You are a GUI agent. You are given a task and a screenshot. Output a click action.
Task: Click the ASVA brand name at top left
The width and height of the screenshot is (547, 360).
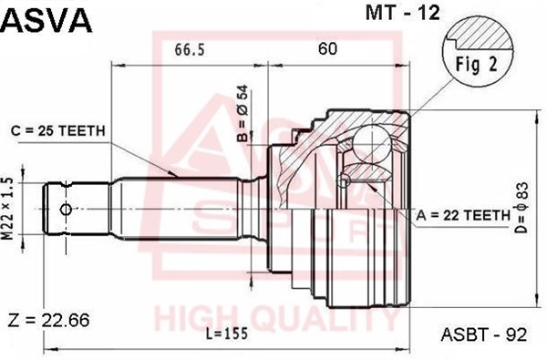click(x=46, y=20)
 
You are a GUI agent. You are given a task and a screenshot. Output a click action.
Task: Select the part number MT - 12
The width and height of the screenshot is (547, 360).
click(x=403, y=13)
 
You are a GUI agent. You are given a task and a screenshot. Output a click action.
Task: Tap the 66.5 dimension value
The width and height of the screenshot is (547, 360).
click(x=189, y=49)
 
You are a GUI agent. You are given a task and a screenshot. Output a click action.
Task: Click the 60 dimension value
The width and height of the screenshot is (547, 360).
click(x=327, y=48)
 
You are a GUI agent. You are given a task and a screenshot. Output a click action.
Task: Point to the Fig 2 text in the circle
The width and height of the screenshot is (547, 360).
click(x=477, y=65)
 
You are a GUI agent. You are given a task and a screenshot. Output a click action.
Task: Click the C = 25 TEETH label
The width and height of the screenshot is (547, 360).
click(x=58, y=131)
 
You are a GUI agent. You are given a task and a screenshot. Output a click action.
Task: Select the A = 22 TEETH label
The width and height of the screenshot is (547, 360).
click(x=463, y=216)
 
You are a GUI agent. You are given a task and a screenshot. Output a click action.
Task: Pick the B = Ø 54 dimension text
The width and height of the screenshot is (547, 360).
click(x=243, y=113)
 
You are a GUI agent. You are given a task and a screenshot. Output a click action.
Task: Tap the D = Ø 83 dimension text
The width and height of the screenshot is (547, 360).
click(x=523, y=208)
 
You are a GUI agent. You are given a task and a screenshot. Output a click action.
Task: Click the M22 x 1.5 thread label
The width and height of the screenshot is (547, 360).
click(x=7, y=209)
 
